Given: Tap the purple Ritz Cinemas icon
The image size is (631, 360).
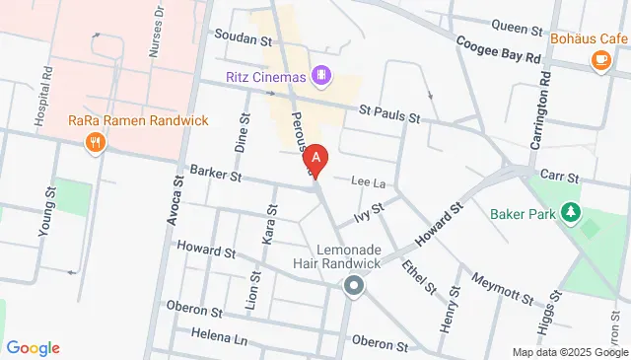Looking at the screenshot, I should click(320, 74).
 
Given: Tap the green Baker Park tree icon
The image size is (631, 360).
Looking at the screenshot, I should click(569, 212).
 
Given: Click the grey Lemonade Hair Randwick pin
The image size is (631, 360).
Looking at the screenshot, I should click(353, 287).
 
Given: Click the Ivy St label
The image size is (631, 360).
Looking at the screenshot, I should click(368, 209).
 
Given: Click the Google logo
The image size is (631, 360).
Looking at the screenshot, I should click(33, 348).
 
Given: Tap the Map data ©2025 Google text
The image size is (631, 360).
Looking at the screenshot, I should click(569, 352).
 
